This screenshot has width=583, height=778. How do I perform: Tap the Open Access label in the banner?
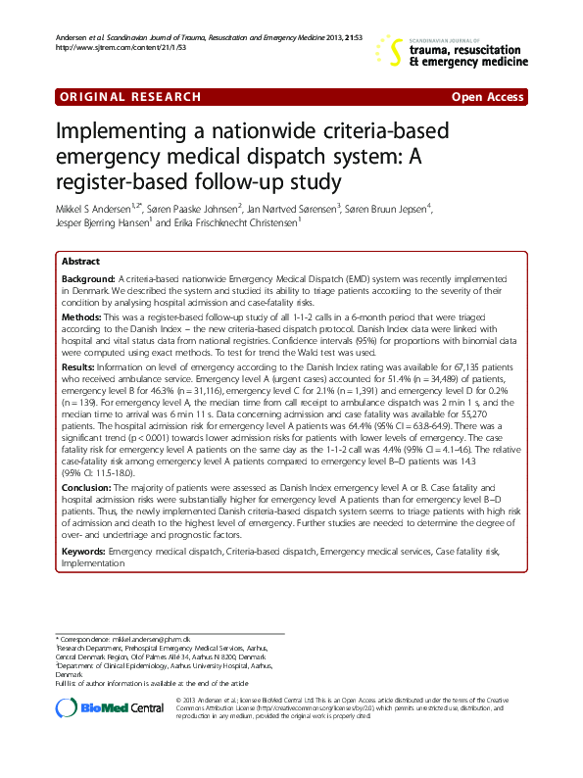coord(486,97)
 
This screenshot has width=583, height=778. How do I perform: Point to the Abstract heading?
coord(80,263)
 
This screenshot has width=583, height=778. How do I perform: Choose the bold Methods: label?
coord(82,318)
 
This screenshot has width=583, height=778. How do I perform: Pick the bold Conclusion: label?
coord(87,487)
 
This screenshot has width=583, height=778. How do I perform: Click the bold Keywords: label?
coord(84,553)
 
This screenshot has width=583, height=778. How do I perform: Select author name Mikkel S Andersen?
coord(99,208)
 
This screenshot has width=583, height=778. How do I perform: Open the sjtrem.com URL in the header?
coord(106,47)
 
